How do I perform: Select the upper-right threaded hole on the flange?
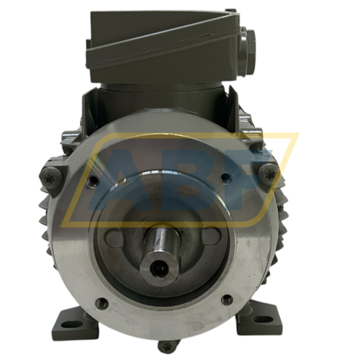pyautogui.click(x=226, y=177)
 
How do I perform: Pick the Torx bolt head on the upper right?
pyautogui.click(x=267, y=171)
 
